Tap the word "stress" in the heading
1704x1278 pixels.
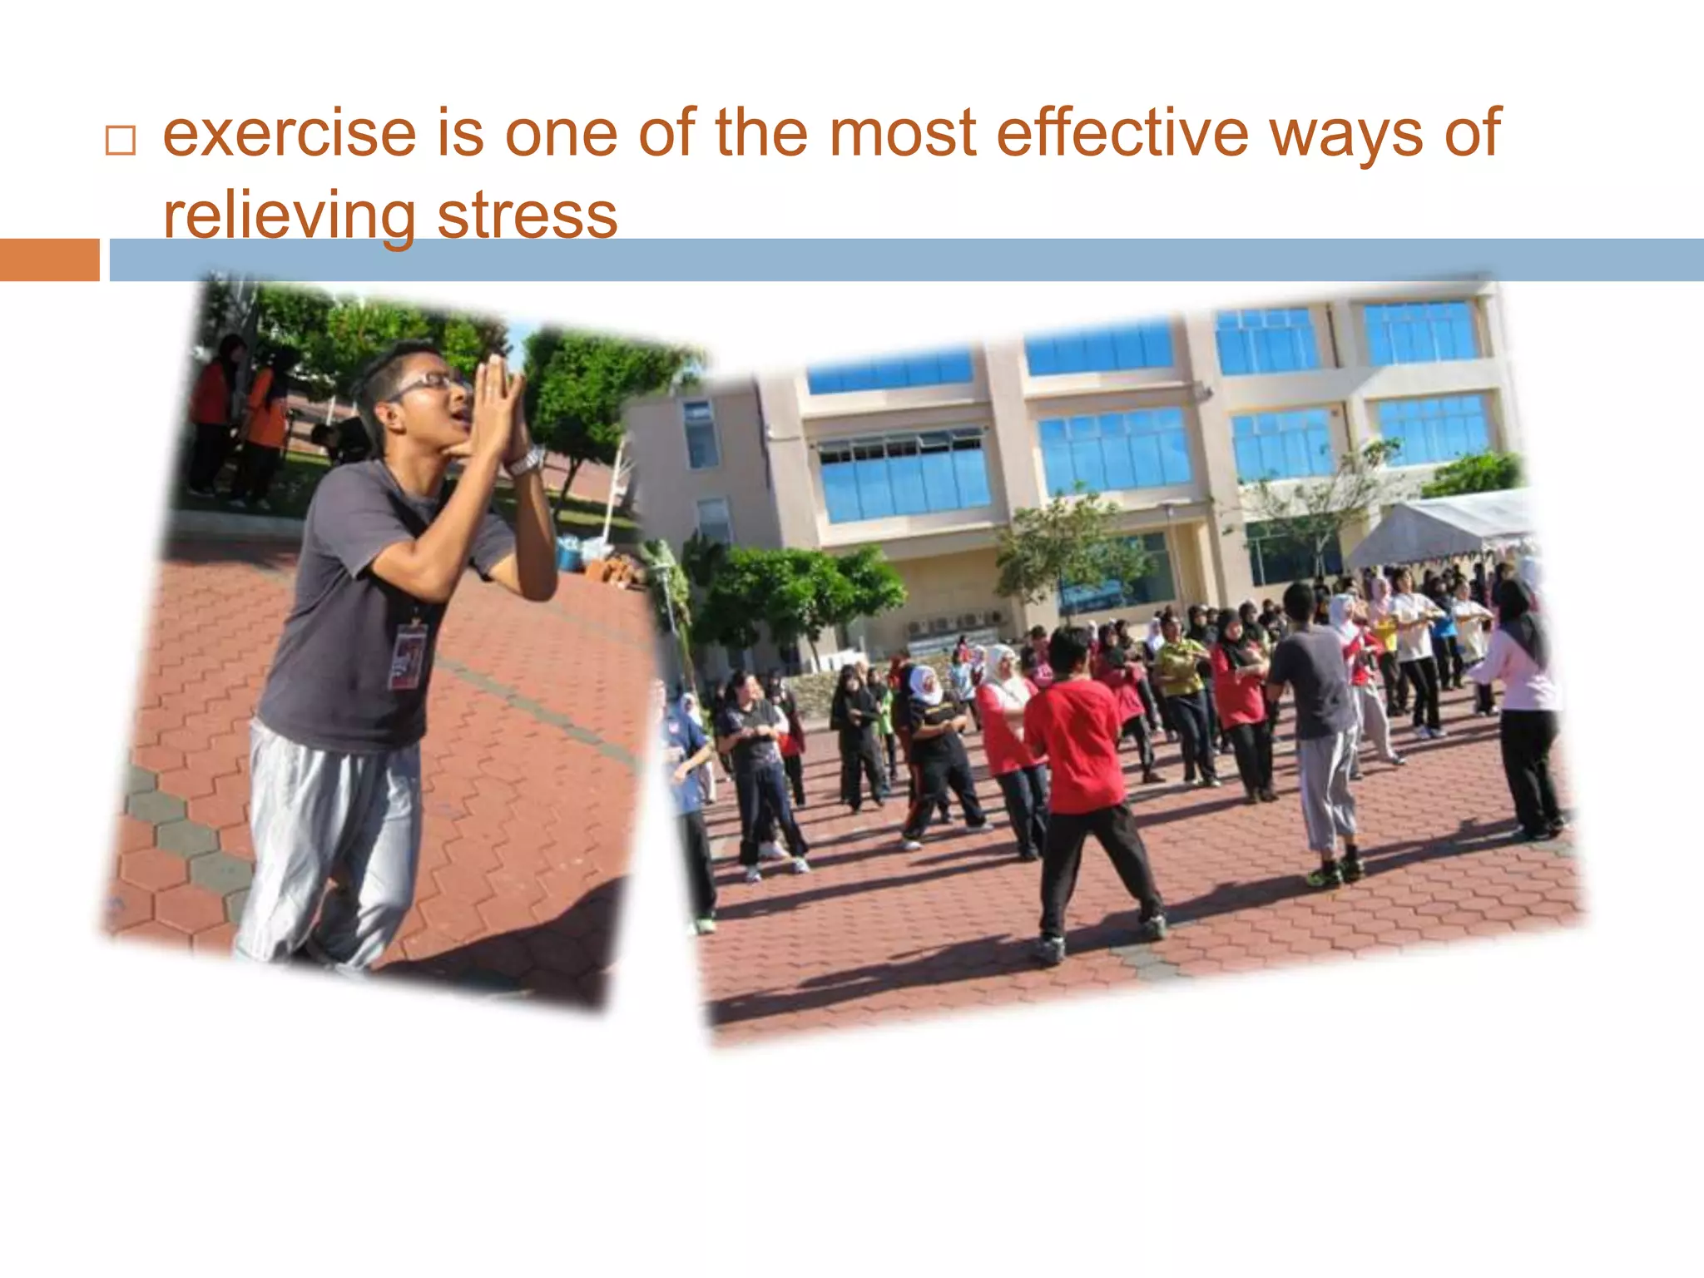527,215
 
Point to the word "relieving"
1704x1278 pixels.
289,215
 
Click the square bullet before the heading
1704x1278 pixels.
120,141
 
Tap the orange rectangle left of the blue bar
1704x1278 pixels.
49,260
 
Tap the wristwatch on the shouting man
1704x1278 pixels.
527,460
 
